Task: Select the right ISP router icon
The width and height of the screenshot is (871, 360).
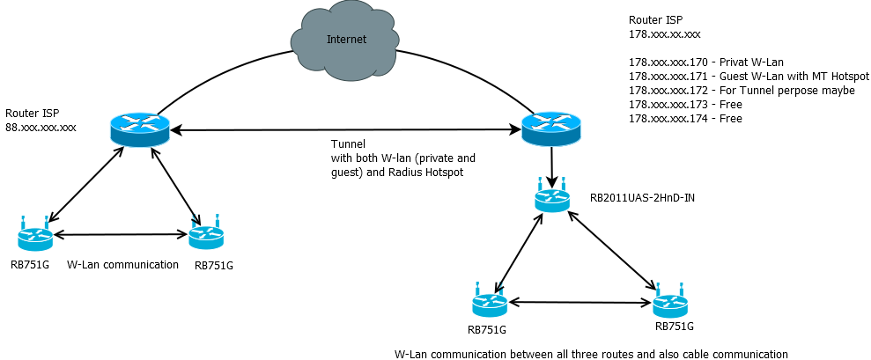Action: [x=550, y=129]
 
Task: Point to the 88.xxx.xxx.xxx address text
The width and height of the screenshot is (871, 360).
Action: [x=41, y=128]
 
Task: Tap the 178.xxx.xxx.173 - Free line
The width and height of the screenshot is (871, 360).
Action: [x=685, y=104]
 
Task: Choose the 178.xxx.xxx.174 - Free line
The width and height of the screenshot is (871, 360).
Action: [x=685, y=118]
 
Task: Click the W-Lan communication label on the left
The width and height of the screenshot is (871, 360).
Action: [x=123, y=264]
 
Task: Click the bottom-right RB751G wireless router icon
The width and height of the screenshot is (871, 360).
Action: [x=670, y=304]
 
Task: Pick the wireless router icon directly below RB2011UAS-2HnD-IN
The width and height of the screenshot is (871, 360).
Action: [x=489, y=304]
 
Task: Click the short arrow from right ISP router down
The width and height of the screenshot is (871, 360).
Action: [x=551, y=167]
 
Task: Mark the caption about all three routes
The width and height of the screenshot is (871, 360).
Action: [x=591, y=354]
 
